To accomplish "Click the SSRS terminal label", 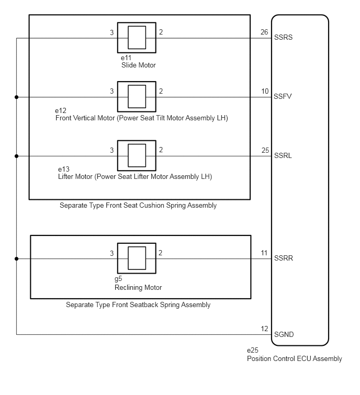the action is tap(283, 37).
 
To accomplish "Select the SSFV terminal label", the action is tap(283, 96).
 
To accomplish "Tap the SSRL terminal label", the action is tap(283, 156).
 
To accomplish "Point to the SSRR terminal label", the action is tap(284, 258).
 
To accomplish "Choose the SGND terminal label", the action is tap(284, 334).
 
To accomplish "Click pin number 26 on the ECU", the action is tap(264, 32).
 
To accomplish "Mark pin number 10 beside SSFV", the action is tap(265, 91).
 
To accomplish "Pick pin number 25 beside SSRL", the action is tap(265, 150).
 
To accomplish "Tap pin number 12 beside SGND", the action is tap(264, 329).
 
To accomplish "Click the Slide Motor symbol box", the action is tap(137, 38).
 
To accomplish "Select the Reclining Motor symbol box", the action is tap(137, 258).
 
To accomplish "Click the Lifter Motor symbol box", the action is tap(137, 156).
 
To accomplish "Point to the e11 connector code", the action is tap(126, 58).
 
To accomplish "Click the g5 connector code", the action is tap(118, 279).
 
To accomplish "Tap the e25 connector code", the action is tap(252, 350).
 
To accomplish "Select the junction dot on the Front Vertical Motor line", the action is tap(17, 97).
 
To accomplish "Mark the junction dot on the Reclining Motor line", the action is tap(17, 259).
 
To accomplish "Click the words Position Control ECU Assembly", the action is tap(294, 359).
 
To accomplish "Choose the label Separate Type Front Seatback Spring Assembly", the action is tap(138, 305).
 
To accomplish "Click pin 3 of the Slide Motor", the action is tap(112, 32).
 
